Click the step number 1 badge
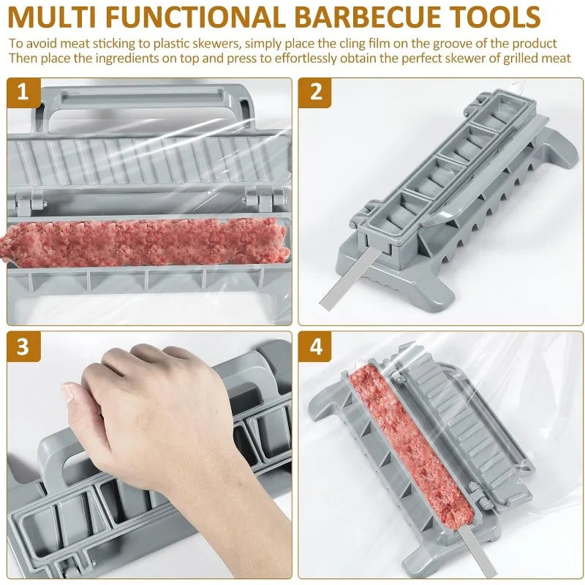23,93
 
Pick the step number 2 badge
316,93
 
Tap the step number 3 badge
23,346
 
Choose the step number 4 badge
316,346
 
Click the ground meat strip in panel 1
146,242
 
